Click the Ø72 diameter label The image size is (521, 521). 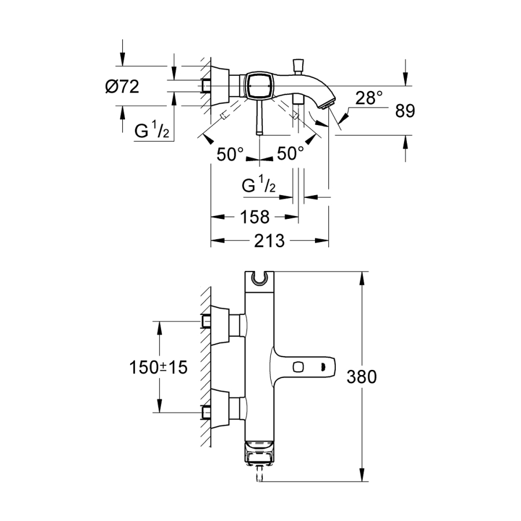click(x=123, y=87)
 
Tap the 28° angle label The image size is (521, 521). click(x=369, y=98)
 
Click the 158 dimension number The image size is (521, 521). click(x=254, y=217)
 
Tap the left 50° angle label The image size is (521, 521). click(x=230, y=154)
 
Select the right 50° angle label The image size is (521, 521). click(x=290, y=154)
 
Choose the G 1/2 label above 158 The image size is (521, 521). click(x=259, y=186)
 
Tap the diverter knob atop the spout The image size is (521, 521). click(x=299, y=63)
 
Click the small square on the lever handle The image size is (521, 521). click(x=299, y=366)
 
